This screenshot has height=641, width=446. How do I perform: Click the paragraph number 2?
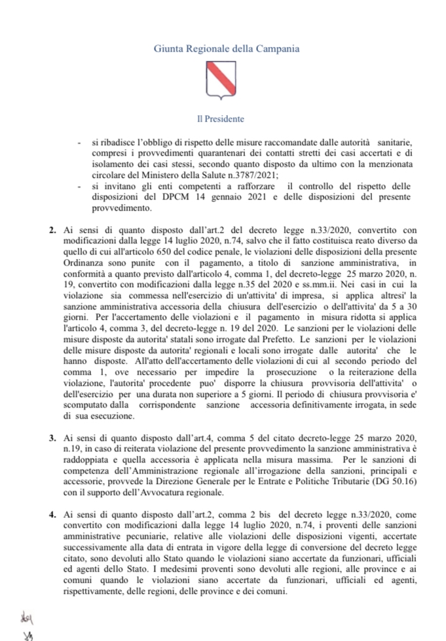(x=52, y=231)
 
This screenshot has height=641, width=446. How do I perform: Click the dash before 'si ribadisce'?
(x=79, y=139)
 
